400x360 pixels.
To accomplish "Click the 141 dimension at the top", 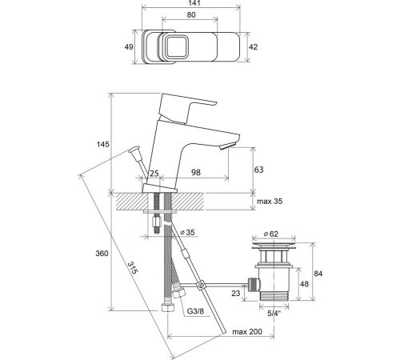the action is [190, 3].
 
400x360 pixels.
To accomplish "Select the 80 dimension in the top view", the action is [191, 15].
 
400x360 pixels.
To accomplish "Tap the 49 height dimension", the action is [129, 47].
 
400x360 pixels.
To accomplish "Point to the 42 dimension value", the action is [254, 47].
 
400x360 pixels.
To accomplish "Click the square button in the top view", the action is [176, 47].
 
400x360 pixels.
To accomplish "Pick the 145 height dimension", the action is [103, 144].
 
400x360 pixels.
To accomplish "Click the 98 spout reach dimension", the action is [196, 172].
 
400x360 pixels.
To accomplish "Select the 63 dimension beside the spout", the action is [258, 170].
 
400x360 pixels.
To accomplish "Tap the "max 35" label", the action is [270, 202].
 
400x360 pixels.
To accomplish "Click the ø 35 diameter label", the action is [188, 232].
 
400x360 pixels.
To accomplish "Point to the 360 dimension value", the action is [102, 253].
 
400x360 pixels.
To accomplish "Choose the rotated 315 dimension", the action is [133, 268].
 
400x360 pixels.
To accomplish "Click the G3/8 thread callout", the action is [195, 311].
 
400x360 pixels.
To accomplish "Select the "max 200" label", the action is [247, 332].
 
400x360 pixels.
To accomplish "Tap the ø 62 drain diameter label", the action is [271, 234].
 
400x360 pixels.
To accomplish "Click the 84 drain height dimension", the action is [318, 274].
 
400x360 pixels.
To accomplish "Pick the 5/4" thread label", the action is [274, 314].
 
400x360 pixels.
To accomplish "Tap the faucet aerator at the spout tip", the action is [227, 146].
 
